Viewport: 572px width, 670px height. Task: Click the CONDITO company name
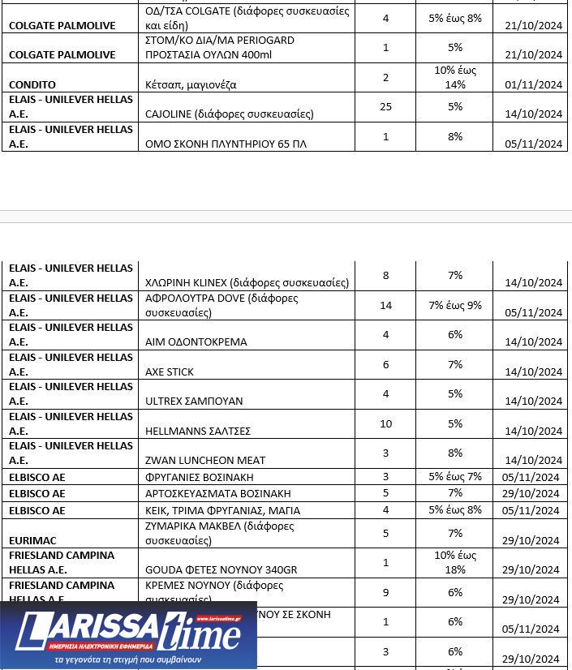(x=32, y=84)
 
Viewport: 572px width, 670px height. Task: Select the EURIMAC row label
(x=32, y=540)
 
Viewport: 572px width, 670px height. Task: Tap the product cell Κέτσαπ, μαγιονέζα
(x=191, y=84)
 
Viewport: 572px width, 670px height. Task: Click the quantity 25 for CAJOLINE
(x=385, y=107)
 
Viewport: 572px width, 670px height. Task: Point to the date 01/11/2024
(x=532, y=84)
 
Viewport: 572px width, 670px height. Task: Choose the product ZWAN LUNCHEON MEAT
(x=205, y=460)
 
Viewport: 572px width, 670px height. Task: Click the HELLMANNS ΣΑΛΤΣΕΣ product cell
(x=198, y=431)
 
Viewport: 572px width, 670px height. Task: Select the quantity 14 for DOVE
(x=385, y=305)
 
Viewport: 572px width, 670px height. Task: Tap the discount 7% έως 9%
(x=454, y=305)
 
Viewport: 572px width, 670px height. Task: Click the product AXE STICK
(x=170, y=372)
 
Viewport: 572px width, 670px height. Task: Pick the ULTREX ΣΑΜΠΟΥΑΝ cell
(x=194, y=401)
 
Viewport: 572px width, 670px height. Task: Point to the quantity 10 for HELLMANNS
(x=385, y=423)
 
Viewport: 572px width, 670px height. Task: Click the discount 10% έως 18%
(x=454, y=562)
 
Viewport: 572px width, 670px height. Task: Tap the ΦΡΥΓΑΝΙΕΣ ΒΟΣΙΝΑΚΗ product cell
(x=199, y=477)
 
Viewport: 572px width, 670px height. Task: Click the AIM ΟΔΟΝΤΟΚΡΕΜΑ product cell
(x=196, y=341)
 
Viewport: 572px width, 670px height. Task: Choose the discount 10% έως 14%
(x=454, y=77)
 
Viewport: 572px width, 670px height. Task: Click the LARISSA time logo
(x=128, y=634)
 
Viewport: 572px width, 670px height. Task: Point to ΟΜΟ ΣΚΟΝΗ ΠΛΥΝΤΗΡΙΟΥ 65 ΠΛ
(x=226, y=144)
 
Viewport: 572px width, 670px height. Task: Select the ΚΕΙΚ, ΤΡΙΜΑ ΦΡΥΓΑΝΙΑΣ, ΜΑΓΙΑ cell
(x=222, y=510)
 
